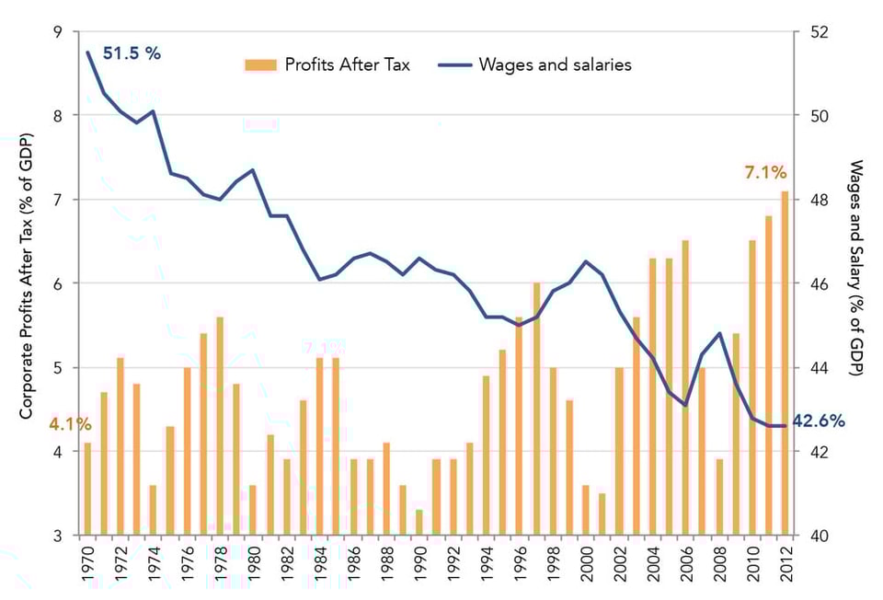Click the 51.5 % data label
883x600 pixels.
pyautogui.click(x=131, y=53)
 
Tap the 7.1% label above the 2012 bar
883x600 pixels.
pyautogui.click(x=765, y=172)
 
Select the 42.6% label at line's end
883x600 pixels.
pyautogui.click(x=819, y=421)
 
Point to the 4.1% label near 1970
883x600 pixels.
pyautogui.click(x=71, y=424)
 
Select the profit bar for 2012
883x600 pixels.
pyautogui.click(x=785, y=363)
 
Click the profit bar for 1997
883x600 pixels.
pyautogui.click(x=537, y=409)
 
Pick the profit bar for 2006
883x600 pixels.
pyautogui.click(x=685, y=387)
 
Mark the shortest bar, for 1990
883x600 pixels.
pyautogui.click(x=419, y=522)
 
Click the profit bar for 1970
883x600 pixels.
pyautogui.click(x=87, y=489)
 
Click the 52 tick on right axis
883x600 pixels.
pyautogui.click(x=818, y=32)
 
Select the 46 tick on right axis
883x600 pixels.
pyautogui.click(x=818, y=283)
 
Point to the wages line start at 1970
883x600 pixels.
pyautogui.click(x=87, y=52)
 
